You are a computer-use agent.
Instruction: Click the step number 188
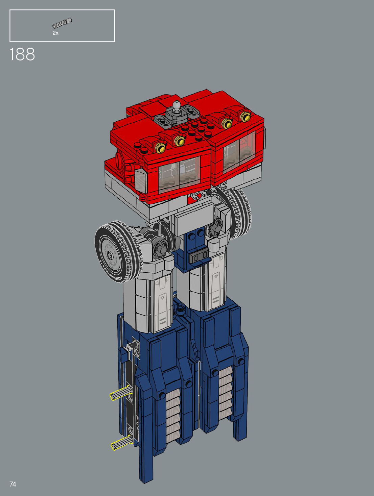22,54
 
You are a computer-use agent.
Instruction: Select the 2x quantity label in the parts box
55,33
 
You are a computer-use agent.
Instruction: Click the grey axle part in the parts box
62,23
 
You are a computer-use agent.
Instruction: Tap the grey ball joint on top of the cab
176,106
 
